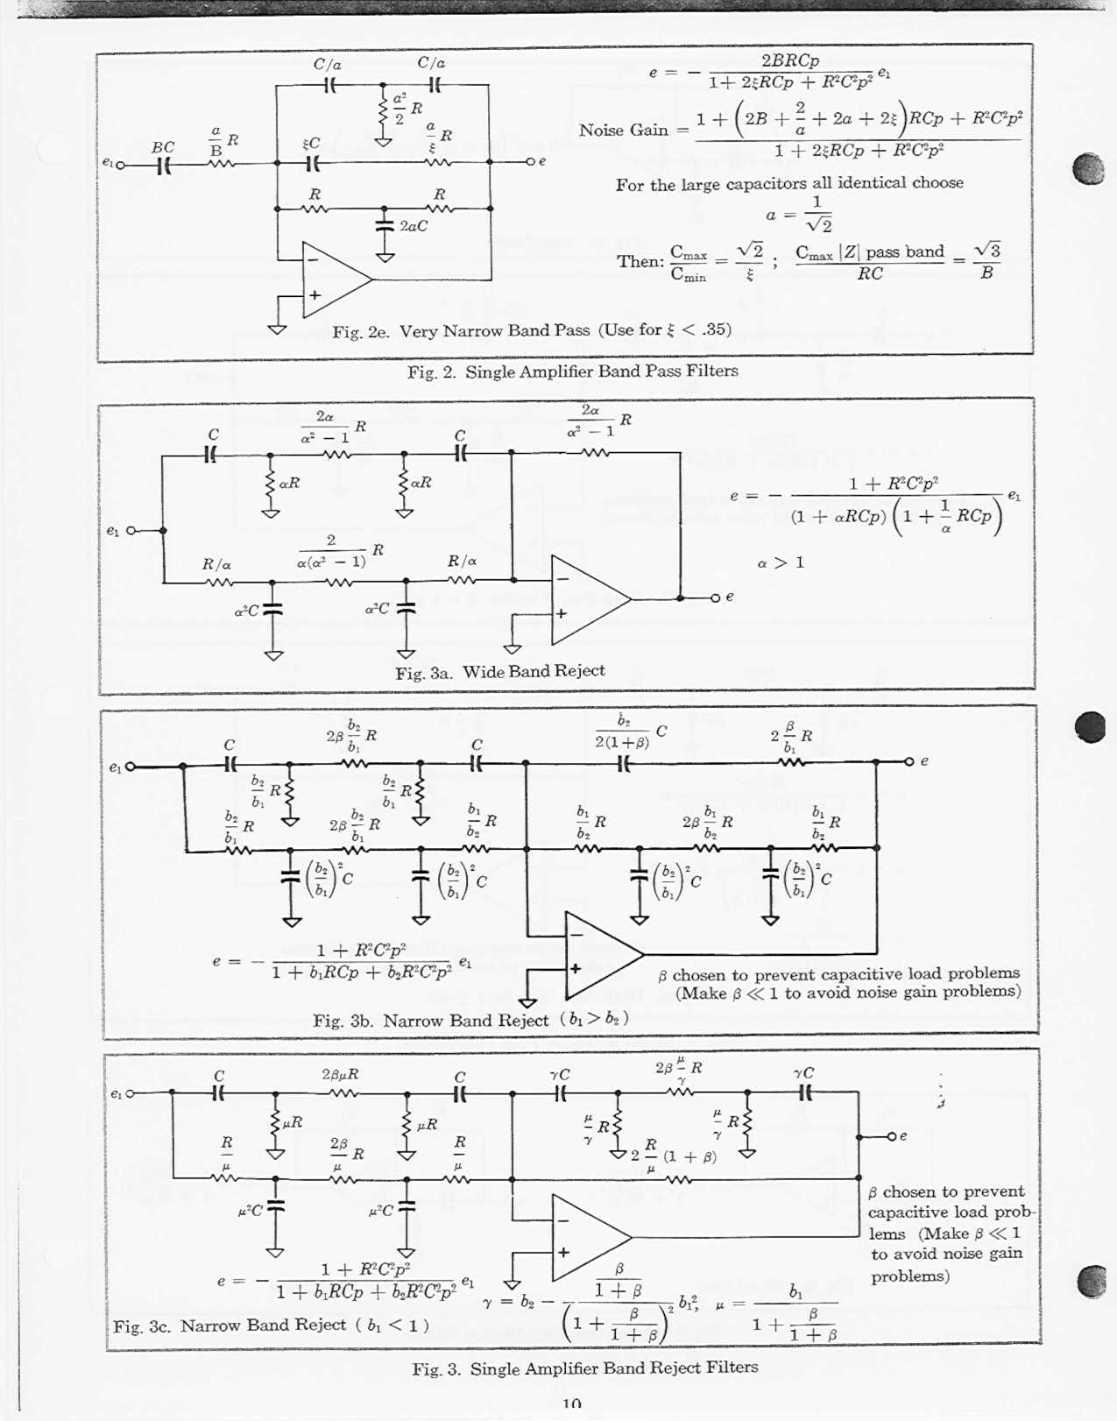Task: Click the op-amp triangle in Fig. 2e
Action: coord(332,279)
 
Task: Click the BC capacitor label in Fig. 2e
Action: coord(163,147)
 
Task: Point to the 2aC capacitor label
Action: coord(414,226)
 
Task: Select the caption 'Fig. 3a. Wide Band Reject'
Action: coord(499,672)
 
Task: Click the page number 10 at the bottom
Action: coord(571,1404)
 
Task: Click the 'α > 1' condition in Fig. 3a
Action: coord(780,562)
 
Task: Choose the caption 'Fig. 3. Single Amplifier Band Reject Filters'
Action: coord(584,1368)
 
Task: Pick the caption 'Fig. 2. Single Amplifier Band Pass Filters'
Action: coord(572,371)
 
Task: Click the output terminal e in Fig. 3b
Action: coord(910,761)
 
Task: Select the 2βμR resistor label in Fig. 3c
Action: coord(340,1073)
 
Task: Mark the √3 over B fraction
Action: coord(986,260)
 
